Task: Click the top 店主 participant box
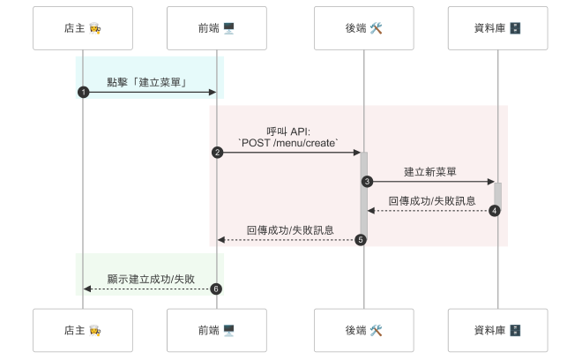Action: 83,29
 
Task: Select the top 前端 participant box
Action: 216,29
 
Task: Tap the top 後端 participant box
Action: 363,29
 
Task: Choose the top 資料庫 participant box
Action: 497,29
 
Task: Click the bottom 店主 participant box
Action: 83,331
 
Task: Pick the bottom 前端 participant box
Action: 216,331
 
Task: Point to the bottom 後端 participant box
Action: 363,331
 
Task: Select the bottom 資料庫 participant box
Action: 497,331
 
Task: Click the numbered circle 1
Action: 83,93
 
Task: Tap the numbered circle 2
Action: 217,153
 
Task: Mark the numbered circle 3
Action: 367,182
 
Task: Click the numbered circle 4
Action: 495,211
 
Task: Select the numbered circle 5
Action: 361,240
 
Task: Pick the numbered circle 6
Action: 215,289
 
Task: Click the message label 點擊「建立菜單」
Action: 150,82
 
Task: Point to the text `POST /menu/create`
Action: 288,142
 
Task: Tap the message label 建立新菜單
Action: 430,171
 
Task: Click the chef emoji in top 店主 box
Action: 95,29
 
